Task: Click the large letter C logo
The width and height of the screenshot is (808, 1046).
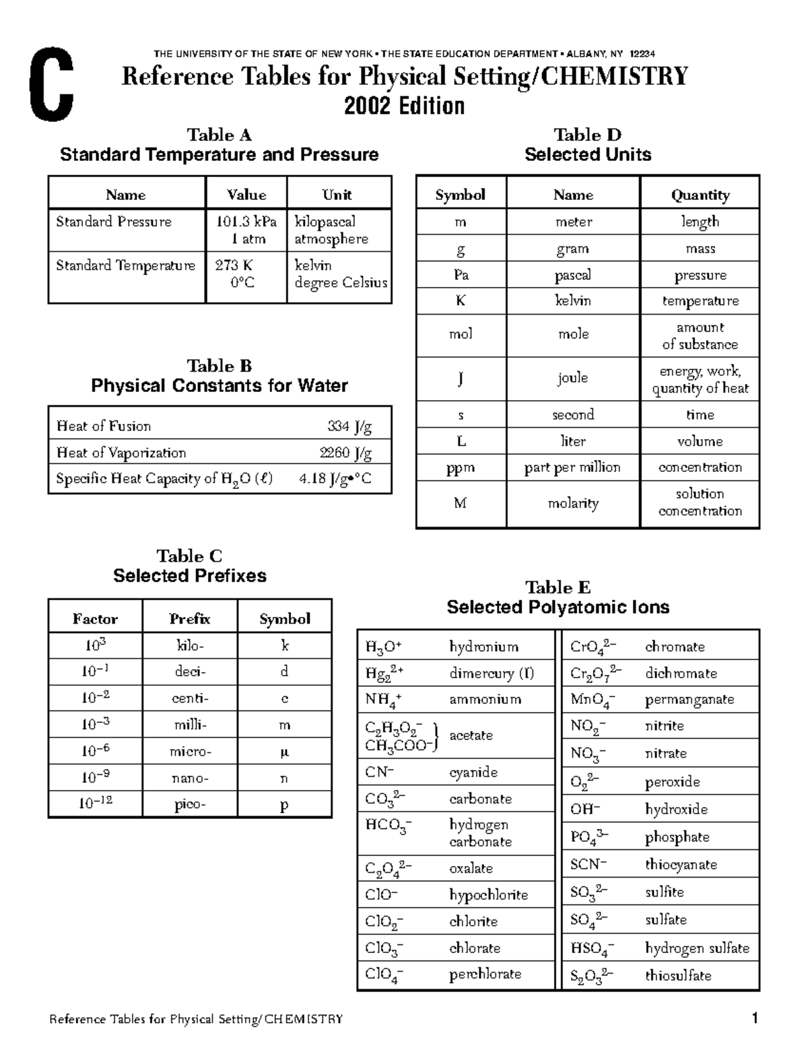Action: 50,85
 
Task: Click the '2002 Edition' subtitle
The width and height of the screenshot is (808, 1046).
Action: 404,106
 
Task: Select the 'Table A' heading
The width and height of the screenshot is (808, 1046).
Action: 220,135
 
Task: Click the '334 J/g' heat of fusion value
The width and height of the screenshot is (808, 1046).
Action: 349,426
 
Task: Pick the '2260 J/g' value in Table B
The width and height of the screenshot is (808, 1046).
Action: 345,453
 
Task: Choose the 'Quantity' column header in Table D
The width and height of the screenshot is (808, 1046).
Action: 700,195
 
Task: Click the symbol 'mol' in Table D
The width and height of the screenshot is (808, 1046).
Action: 461,334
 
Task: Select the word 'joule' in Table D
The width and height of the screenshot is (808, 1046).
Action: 572,378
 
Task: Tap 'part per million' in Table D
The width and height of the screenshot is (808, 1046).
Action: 572,467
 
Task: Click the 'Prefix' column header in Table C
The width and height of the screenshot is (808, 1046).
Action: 189,619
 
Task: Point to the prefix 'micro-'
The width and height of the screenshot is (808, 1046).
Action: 191,752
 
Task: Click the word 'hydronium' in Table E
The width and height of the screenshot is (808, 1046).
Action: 483,647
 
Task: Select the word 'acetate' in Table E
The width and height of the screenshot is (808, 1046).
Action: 471,736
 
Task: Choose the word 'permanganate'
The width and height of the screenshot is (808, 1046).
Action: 689,700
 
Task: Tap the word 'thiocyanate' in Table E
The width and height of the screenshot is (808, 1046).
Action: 681,864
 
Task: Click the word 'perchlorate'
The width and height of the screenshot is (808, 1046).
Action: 485,974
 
